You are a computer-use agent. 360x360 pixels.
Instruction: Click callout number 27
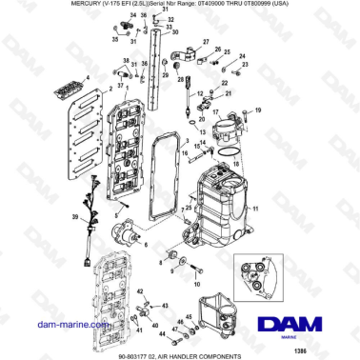point(204,42)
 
